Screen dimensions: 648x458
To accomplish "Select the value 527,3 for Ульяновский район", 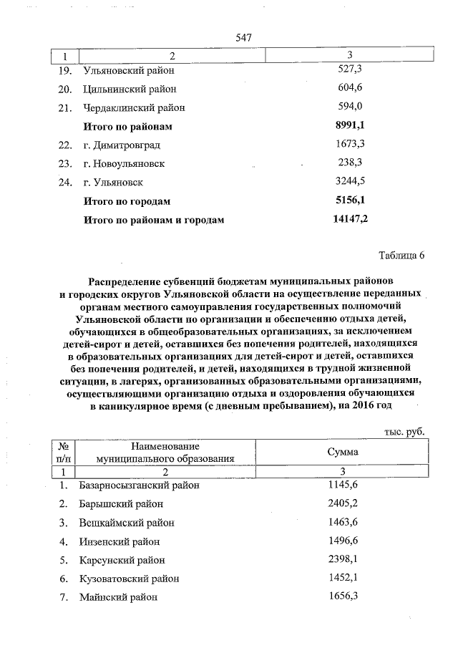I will (349, 70).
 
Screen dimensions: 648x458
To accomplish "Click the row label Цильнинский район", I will (130, 89).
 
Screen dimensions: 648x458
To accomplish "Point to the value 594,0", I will (349, 107).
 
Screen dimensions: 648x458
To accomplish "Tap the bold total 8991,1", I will (349, 126).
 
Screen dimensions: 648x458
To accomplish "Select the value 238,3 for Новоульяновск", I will (349, 163).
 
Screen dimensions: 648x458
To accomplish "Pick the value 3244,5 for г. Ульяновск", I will (349, 182).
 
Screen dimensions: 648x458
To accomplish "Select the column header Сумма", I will (343, 453).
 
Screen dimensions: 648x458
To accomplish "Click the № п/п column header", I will (64, 453).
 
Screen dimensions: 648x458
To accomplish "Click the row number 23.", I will (65, 163).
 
